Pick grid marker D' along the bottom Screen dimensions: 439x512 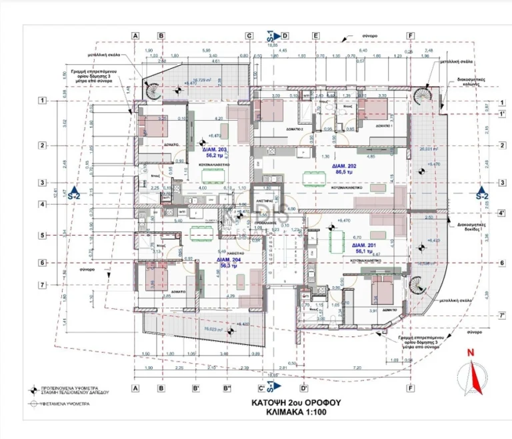(304, 388)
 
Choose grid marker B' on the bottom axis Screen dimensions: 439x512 (195, 388)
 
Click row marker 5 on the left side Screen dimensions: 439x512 (41, 236)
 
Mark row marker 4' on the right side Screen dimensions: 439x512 (501, 213)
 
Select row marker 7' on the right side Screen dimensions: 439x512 (501, 315)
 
